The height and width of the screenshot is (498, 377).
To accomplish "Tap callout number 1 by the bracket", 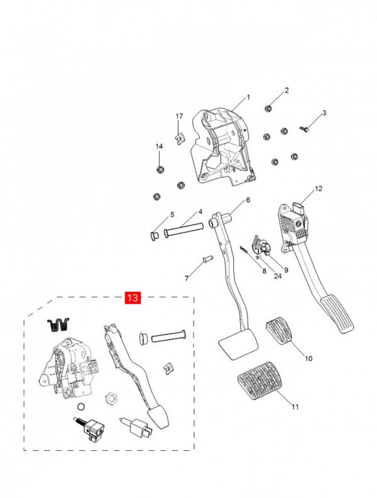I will (x=248, y=97).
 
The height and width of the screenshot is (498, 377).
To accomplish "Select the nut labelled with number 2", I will (x=268, y=107).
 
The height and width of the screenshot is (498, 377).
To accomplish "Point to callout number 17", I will (x=179, y=117).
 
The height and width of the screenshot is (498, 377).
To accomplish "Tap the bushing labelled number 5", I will (x=153, y=236).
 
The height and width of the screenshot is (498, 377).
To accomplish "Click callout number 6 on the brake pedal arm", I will (x=248, y=200).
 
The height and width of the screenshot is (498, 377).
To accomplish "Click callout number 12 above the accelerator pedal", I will (x=318, y=189).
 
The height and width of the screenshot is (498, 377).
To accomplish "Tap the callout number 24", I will (x=260, y=275).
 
